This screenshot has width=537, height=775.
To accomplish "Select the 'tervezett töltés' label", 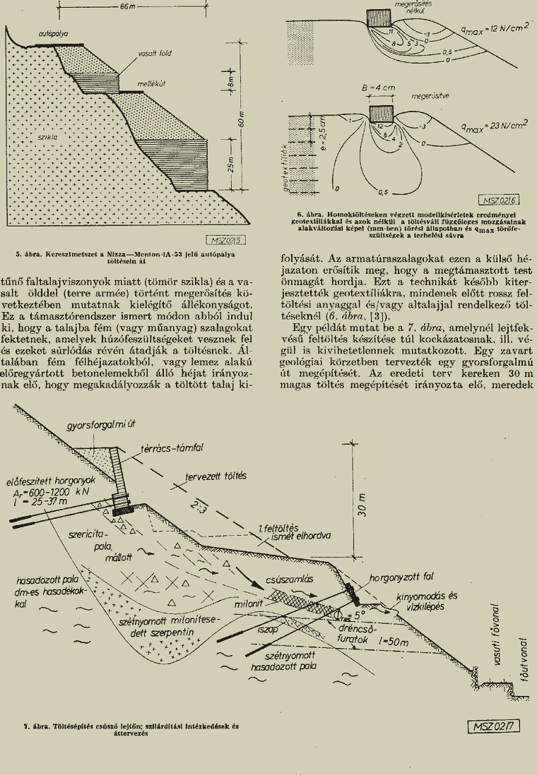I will (x=216, y=476).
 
